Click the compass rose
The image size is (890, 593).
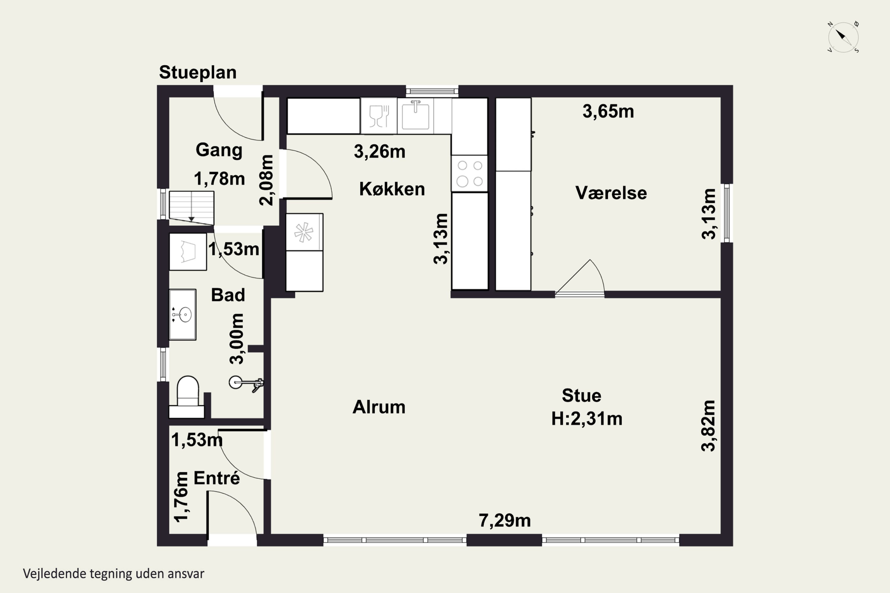click(x=843, y=37)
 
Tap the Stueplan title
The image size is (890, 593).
click(x=198, y=72)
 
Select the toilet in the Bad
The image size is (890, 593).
click(x=187, y=397)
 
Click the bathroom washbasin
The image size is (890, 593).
click(x=182, y=315)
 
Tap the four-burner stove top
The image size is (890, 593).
click(x=469, y=173)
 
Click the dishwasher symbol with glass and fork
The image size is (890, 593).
click(x=379, y=116)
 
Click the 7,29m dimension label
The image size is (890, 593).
click(x=505, y=520)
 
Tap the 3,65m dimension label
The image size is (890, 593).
click(x=608, y=111)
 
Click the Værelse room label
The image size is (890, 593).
click(x=611, y=193)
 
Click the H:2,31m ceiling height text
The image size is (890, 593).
click(x=587, y=419)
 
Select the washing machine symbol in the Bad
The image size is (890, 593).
click(x=188, y=251)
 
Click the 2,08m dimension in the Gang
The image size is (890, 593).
click(x=266, y=180)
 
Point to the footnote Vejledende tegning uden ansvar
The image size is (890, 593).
click(x=114, y=574)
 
